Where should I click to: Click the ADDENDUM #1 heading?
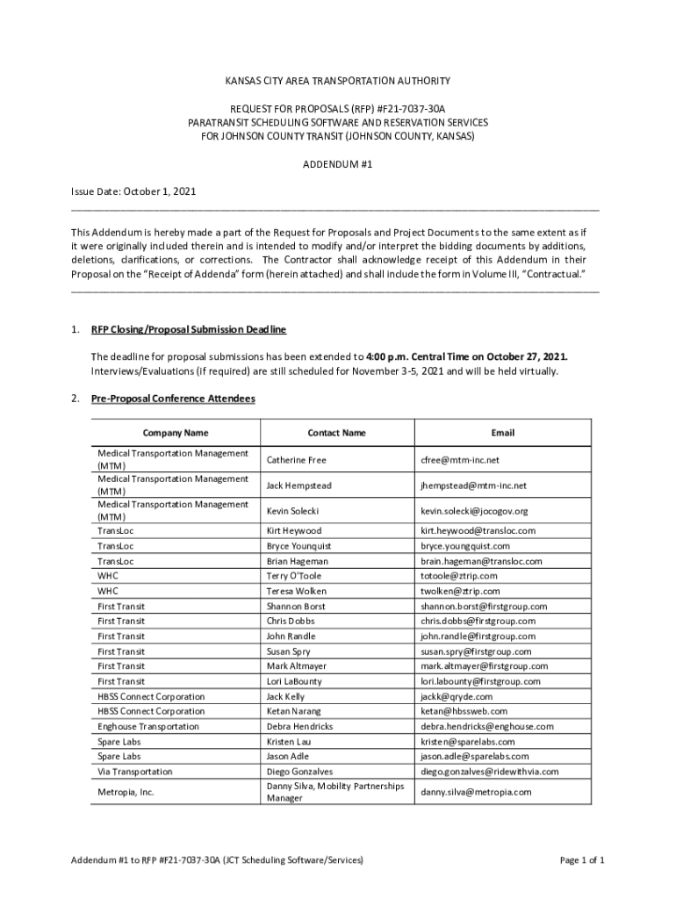click(x=338, y=163)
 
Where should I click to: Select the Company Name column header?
click(x=176, y=433)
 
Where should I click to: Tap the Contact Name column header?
click(x=336, y=433)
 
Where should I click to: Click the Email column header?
click(x=503, y=433)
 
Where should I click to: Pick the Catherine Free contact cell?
click(x=296, y=460)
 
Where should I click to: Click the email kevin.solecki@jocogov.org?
click(x=473, y=511)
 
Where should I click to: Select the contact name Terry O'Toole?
click(x=294, y=576)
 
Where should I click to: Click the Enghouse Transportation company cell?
click(x=148, y=726)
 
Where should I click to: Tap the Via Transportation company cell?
click(x=135, y=771)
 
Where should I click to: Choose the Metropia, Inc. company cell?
click(x=125, y=792)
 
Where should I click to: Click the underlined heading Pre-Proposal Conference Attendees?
click(x=173, y=399)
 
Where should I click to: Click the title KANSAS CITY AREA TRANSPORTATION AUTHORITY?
click(x=338, y=81)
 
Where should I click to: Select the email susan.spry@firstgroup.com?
click(x=476, y=651)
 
